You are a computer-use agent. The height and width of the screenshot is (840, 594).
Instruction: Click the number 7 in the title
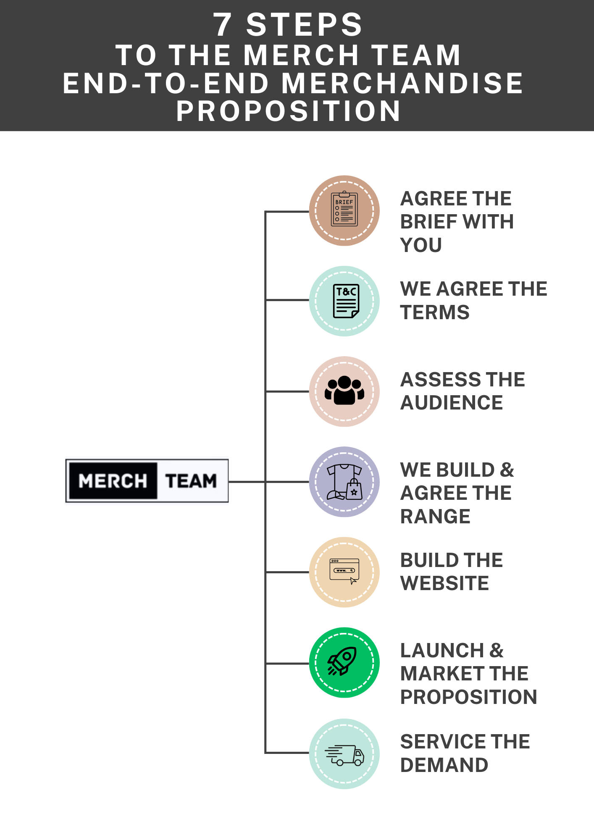tap(223, 25)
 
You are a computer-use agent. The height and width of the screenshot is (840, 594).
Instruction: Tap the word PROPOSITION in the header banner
tap(289, 111)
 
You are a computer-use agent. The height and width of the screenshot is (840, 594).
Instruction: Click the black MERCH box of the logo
tap(113, 481)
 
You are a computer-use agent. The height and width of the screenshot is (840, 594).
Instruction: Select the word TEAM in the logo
tap(191, 481)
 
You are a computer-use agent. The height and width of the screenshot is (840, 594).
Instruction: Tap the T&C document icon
tap(346, 301)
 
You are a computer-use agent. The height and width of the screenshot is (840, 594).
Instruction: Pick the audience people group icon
tap(344, 391)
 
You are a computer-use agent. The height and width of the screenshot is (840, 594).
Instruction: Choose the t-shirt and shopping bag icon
tap(344, 482)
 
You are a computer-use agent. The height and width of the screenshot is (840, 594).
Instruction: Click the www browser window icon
tap(344, 572)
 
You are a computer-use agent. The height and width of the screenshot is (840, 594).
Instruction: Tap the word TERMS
tap(435, 312)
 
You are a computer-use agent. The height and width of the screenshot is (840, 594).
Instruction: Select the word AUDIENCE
tap(452, 403)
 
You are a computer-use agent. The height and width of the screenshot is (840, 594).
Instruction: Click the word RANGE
tap(435, 516)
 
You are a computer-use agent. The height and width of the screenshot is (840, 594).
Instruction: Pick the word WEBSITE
tap(444, 583)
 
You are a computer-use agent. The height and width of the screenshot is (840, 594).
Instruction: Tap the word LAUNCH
tap(442, 651)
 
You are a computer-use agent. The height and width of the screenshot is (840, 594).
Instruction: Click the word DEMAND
tap(444, 765)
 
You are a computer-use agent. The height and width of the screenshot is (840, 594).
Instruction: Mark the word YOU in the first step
tap(421, 245)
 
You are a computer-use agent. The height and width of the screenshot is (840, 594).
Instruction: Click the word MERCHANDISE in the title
tap(402, 83)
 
